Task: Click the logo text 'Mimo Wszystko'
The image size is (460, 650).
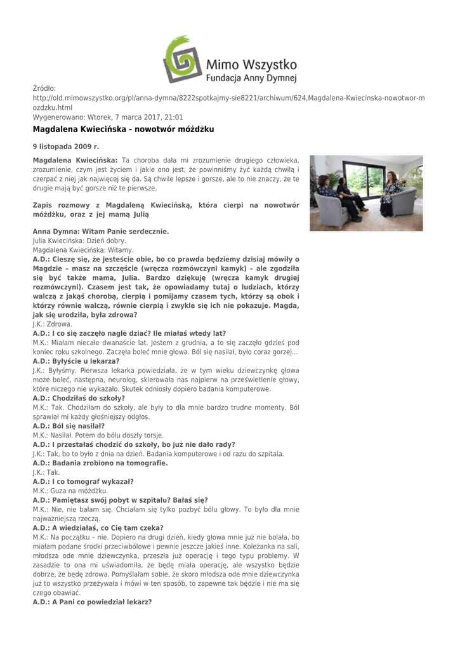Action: (251, 64)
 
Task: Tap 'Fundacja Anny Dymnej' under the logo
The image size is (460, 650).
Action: (251, 79)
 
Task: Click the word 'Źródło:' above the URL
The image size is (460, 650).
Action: (44, 88)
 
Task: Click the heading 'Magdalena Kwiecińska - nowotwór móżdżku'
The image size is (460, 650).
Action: (124, 129)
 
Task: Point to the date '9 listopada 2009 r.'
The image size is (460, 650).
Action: (66, 147)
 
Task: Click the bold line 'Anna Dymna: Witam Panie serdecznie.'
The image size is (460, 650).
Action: (101, 232)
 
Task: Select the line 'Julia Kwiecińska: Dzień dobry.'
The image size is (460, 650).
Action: (79, 241)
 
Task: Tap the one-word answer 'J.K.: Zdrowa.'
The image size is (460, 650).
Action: (53, 324)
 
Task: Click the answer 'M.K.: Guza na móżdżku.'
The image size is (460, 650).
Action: (70, 491)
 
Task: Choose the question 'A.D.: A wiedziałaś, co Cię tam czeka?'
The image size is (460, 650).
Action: (98, 527)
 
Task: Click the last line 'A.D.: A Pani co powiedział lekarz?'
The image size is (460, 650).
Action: (92, 602)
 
